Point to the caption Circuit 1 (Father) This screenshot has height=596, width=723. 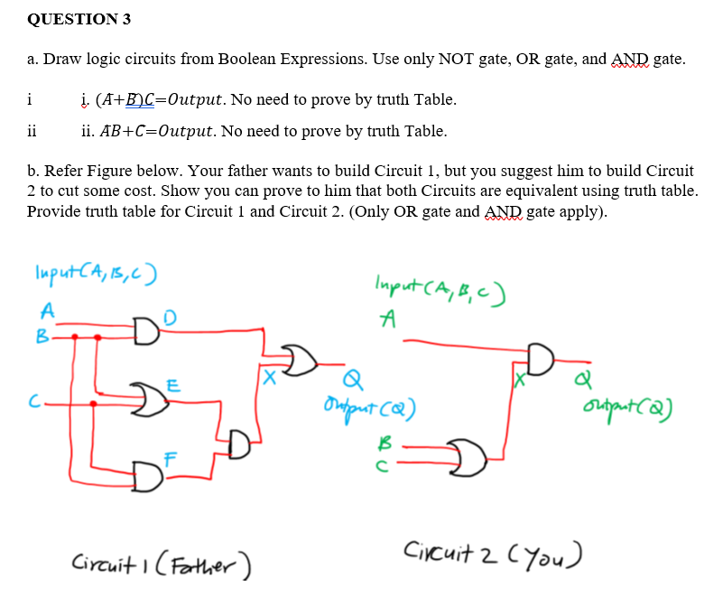tap(161, 565)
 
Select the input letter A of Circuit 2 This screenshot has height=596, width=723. tap(388, 320)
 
